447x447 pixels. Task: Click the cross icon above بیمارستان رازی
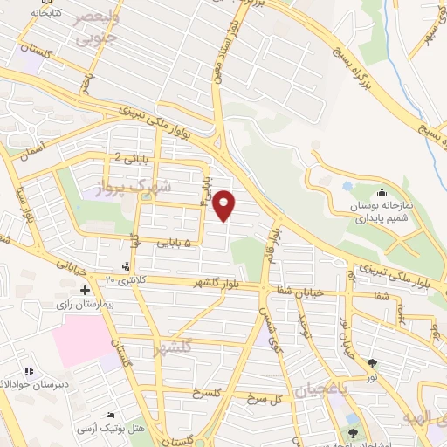(85, 290)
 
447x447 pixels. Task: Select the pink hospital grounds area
(83, 340)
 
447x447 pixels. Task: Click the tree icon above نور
(373, 362)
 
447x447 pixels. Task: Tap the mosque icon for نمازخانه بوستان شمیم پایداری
(381, 194)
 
